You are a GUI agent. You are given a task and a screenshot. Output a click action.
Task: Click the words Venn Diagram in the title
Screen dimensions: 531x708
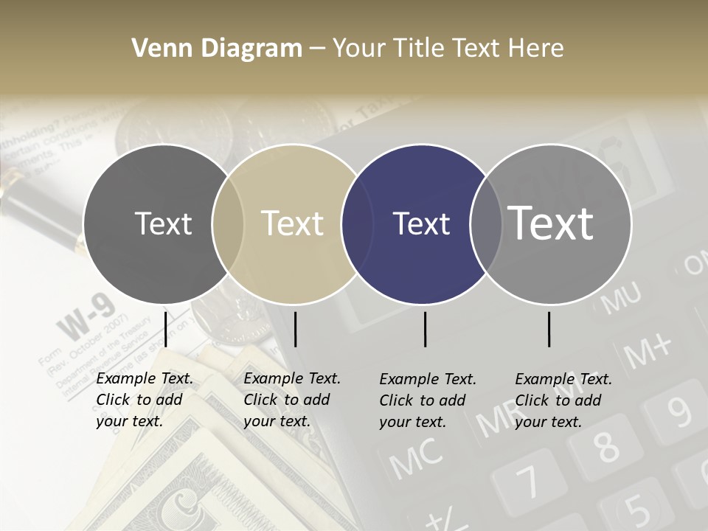217,49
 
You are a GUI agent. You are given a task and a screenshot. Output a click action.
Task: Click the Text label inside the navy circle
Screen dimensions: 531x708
422,224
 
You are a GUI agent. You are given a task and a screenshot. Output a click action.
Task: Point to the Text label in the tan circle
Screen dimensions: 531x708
293,223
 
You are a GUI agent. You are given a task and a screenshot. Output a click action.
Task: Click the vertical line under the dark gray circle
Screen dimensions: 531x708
165,329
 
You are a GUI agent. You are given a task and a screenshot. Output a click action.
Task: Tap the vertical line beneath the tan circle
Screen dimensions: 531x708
295,329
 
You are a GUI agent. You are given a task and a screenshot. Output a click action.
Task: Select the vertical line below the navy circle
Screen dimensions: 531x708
425,329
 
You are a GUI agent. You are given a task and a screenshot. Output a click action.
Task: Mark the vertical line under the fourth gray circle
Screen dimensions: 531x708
549,329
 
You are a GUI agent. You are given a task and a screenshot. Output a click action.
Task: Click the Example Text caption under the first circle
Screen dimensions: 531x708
145,400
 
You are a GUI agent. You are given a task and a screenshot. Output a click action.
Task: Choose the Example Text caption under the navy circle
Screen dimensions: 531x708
428,400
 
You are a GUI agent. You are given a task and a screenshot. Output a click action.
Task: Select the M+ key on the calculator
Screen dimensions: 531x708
648,350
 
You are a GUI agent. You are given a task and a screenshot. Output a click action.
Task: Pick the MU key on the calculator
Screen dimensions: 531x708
620,299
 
